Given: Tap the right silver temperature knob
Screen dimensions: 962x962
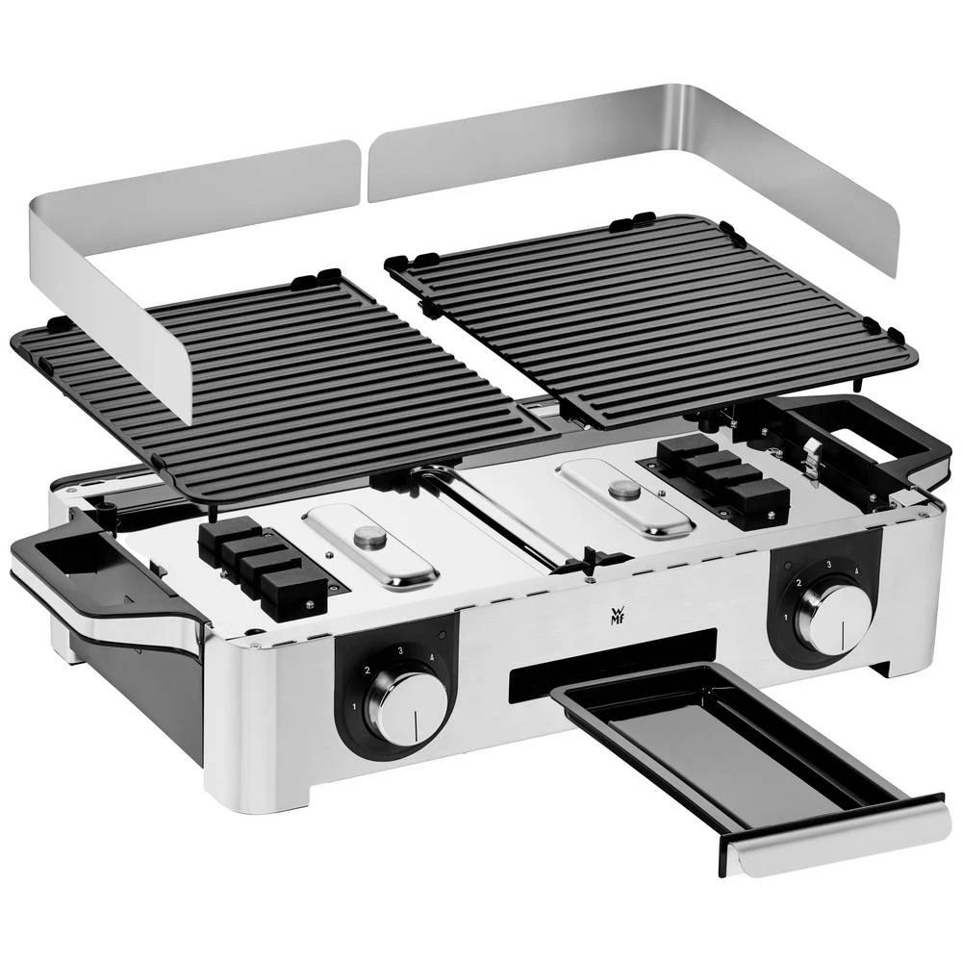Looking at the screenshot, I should (833, 617).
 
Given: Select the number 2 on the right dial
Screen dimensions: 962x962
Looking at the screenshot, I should (797, 583).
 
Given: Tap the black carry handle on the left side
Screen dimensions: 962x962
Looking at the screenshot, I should (87, 568).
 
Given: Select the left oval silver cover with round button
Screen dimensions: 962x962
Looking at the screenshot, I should (370, 544).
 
